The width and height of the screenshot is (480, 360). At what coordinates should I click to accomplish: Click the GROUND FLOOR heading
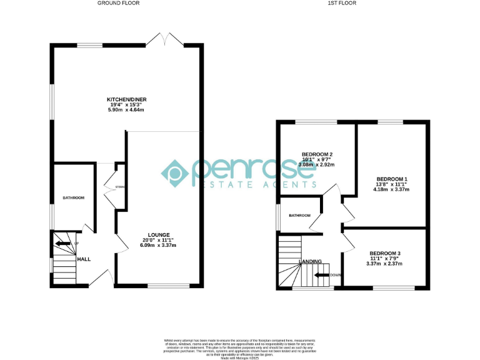click(118, 3)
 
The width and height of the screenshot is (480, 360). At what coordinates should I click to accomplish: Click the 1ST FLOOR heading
click(342, 3)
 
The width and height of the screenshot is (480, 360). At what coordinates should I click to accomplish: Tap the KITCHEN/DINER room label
click(122, 99)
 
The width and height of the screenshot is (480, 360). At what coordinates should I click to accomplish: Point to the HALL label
click(84, 258)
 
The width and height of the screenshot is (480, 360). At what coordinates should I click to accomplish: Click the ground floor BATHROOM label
click(73, 198)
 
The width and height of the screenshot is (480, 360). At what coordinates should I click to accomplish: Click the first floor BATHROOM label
click(299, 216)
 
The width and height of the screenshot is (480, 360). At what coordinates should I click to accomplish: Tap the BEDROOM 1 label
click(391, 179)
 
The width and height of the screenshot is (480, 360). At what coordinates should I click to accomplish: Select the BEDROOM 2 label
click(317, 154)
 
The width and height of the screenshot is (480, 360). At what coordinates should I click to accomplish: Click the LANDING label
click(311, 261)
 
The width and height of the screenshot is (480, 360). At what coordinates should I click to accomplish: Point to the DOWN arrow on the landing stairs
click(322, 274)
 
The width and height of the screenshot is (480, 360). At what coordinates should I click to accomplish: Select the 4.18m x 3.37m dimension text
click(391, 189)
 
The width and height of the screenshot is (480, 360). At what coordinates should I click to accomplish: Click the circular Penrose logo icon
click(176, 172)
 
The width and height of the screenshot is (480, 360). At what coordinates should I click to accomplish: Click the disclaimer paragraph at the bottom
click(239, 347)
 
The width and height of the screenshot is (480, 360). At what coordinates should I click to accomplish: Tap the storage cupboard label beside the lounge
click(119, 187)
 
